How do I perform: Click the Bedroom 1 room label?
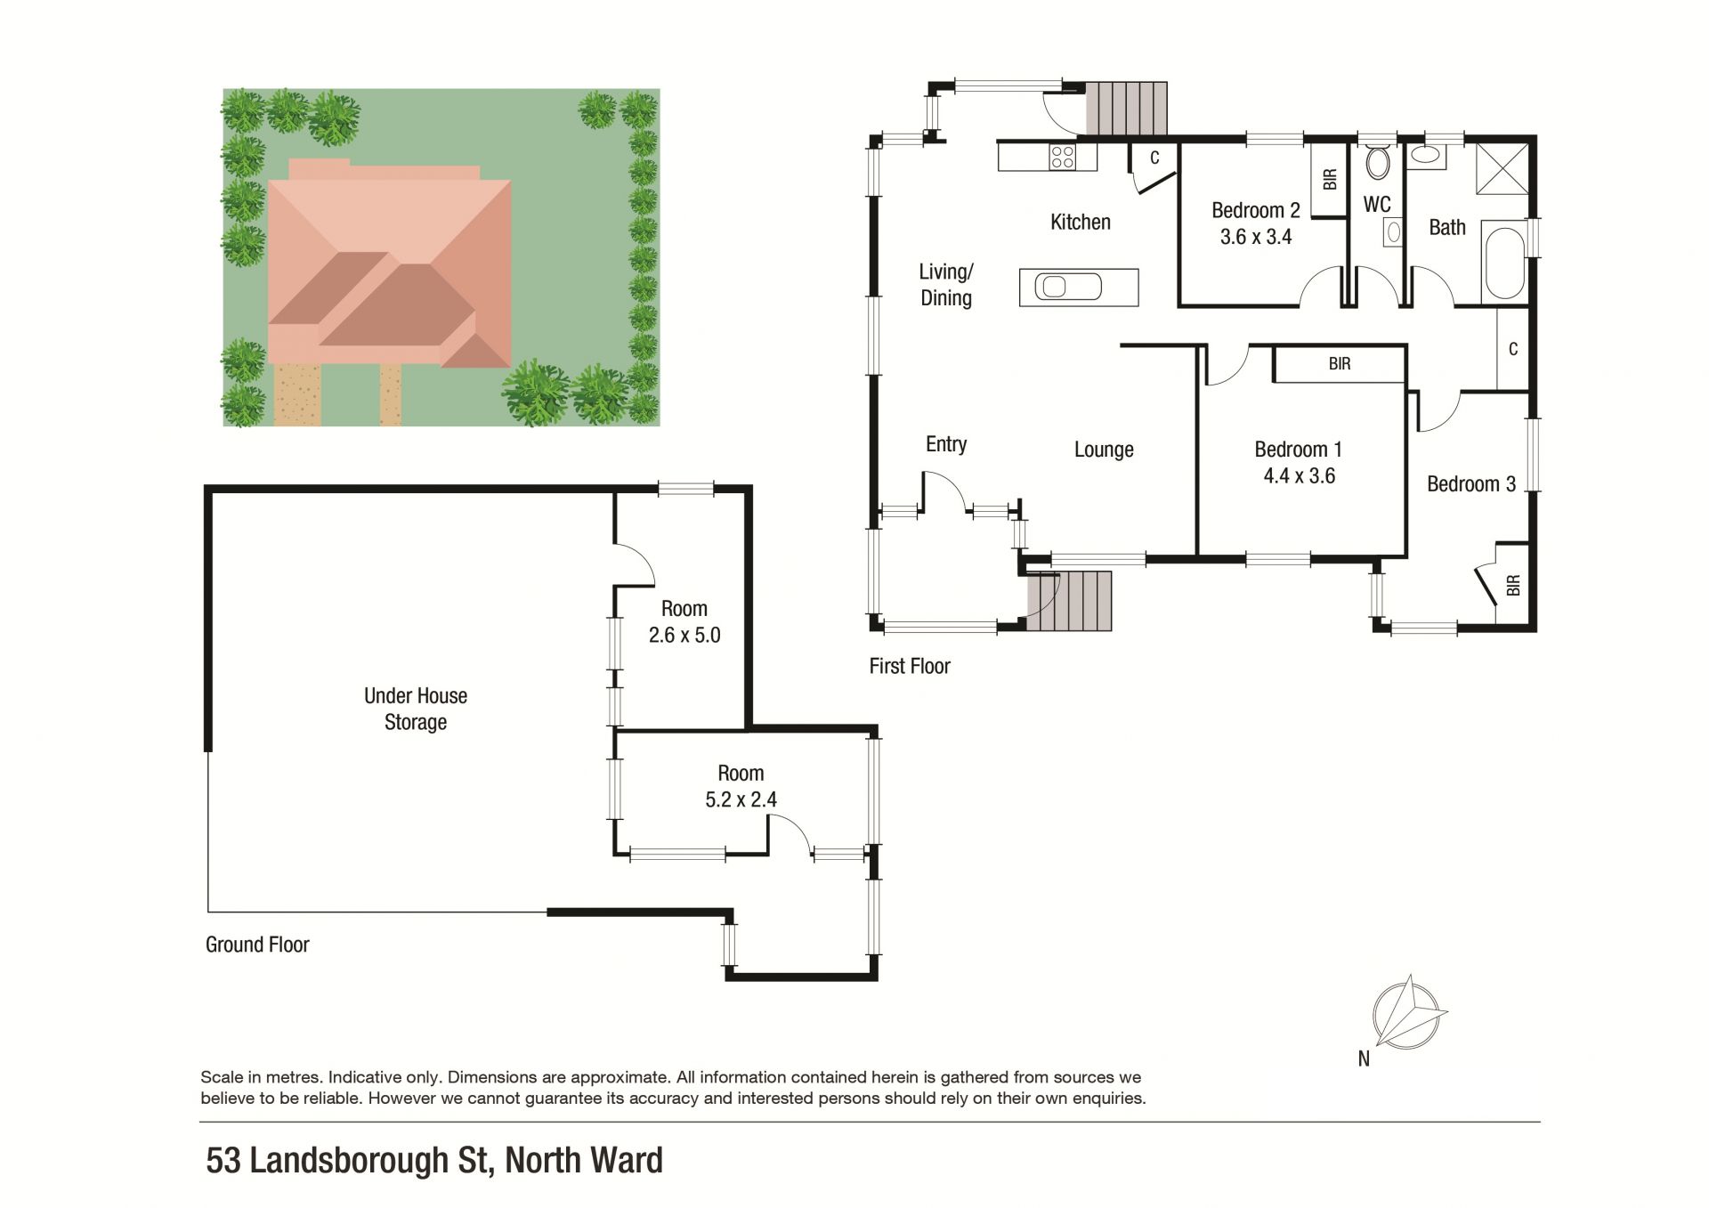click(1298, 450)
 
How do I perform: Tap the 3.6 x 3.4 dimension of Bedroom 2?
click(1256, 237)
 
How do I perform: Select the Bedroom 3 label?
click(1471, 484)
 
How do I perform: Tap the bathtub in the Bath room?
click(1504, 263)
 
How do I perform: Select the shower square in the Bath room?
click(1502, 167)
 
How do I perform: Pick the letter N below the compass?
click(1364, 1058)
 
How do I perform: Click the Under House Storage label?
click(416, 709)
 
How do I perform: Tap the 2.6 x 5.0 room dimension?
click(684, 636)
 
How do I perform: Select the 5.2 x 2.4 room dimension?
click(741, 799)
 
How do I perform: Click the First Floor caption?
click(910, 666)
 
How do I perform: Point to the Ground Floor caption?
click(257, 945)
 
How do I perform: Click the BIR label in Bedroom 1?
click(1340, 363)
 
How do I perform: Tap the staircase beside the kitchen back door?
click(1126, 109)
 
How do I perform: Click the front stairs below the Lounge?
click(1070, 600)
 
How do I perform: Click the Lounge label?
click(1104, 450)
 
